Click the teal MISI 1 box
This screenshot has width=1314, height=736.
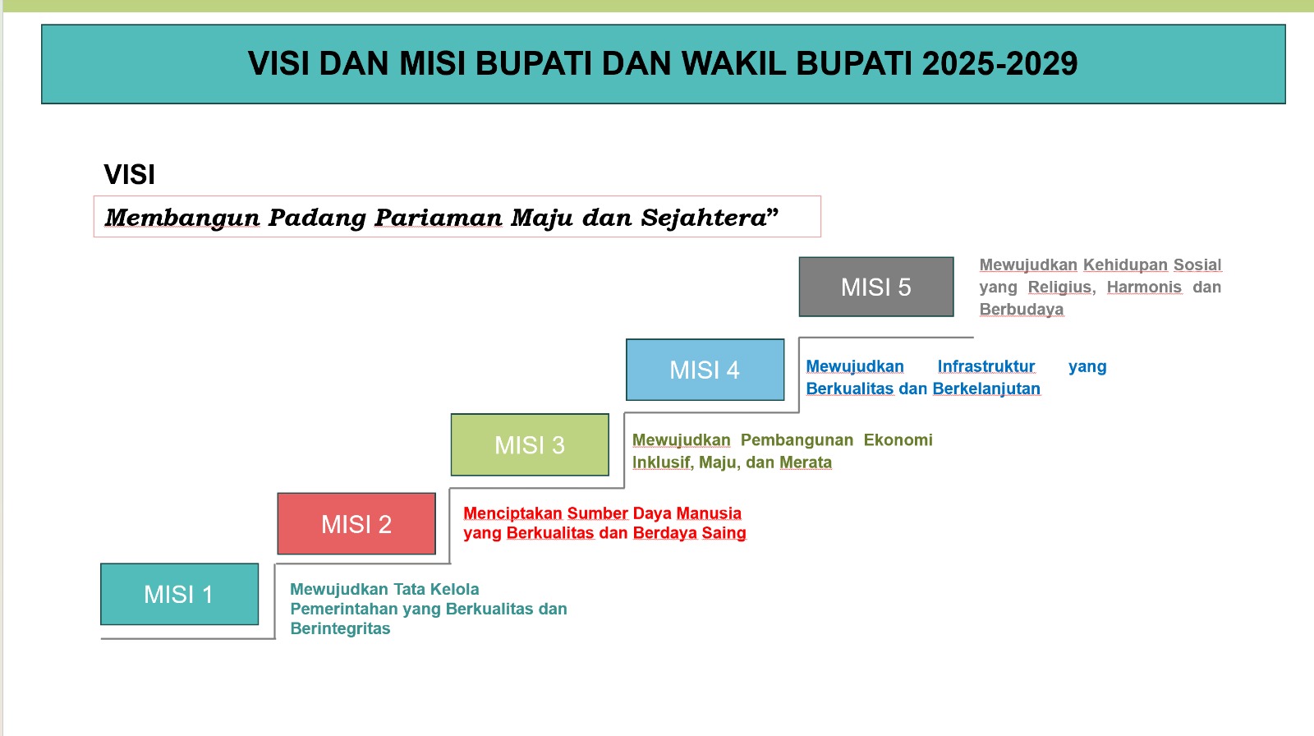pos(180,594)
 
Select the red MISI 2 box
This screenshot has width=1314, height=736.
pos(356,523)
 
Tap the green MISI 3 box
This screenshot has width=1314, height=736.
pos(530,445)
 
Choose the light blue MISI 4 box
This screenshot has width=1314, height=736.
pos(705,370)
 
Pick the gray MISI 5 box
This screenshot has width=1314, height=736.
pos(876,287)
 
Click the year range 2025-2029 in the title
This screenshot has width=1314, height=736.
pos(1000,63)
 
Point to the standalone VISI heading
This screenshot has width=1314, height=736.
pos(130,174)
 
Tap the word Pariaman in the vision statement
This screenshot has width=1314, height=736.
pos(439,218)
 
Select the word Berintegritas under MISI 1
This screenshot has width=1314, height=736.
pos(340,628)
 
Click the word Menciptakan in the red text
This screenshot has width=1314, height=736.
pos(512,513)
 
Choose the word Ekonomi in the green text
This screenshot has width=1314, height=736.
pos(898,440)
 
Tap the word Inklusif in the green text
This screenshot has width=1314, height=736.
pos(661,462)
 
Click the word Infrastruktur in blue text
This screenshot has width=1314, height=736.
pos(986,366)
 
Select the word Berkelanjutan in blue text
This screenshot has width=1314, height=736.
pos(986,389)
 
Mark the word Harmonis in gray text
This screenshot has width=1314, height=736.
pos(1145,287)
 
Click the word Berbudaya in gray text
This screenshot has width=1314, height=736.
pos(1022,310)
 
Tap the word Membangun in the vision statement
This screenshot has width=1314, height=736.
pos(182,218)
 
